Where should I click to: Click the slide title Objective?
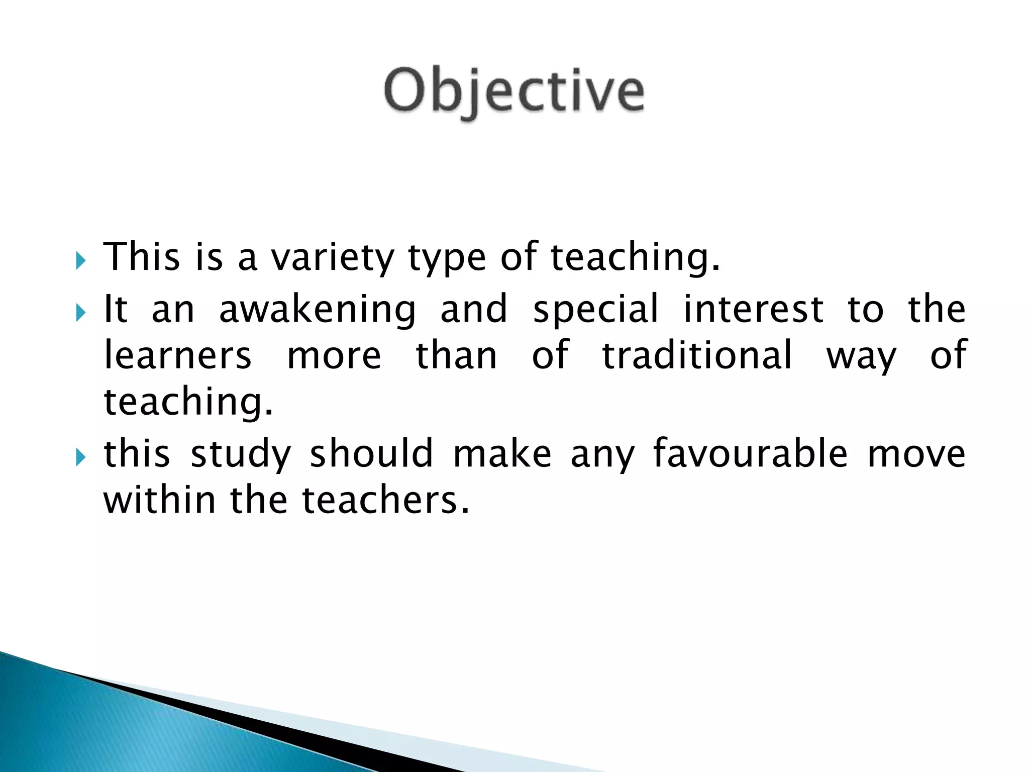point(513,92)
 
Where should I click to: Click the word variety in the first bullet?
point(333,257)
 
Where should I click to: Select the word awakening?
point(318,310)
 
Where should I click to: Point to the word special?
point(595,310)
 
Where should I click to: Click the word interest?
point(753,309)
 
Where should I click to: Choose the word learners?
point(177,355)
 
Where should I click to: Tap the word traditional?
point(697,355)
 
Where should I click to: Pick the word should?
point(371,453)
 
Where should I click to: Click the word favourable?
point(751,453)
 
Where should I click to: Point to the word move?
point(916,454)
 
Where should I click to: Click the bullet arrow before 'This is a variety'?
point(80,261)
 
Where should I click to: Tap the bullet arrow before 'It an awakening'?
point(80,313)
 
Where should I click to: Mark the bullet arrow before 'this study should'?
point(80,457)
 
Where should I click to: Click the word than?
point(456,355)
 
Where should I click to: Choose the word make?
point(502,453)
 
